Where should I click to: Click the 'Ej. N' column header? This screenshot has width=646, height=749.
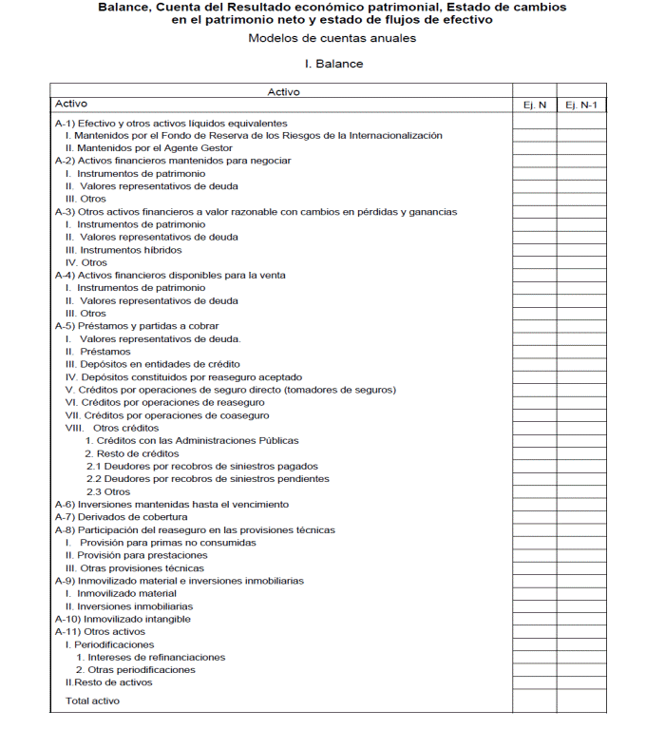[534, 105]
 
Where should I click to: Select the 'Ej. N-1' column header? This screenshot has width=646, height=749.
[580, 105]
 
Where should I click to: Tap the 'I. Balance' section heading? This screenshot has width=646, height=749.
[332, 64]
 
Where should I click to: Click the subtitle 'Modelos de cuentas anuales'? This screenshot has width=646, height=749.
[332, 38]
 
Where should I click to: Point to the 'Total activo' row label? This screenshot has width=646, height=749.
[92, 701]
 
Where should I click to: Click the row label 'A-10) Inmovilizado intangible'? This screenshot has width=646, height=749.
[123, 619]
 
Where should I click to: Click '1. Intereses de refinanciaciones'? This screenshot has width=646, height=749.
[151, 657]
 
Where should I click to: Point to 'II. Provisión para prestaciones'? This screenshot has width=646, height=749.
[136, 555]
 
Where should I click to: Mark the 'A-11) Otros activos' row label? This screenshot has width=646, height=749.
[100, 631]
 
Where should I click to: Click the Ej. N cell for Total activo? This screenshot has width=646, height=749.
[534, 701]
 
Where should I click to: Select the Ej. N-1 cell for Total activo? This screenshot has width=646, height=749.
[580, 701]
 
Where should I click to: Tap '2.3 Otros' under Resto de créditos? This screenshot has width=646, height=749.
[108, 491]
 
